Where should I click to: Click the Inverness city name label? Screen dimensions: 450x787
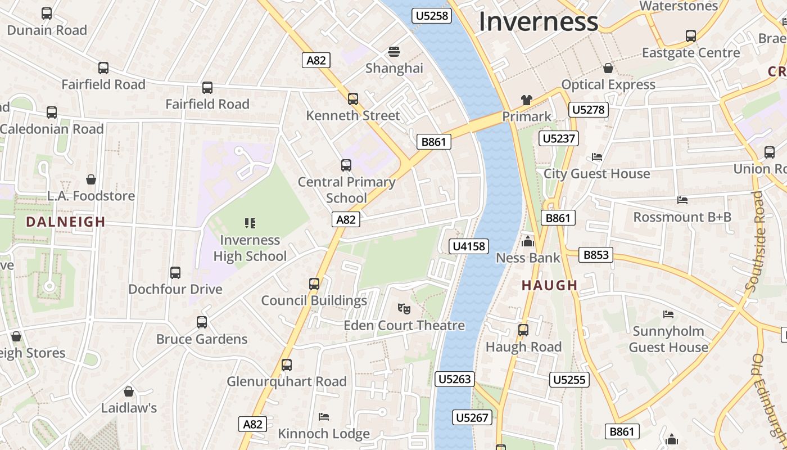[x=538, y=22]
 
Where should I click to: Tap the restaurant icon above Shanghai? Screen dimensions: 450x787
[x=394, y=52]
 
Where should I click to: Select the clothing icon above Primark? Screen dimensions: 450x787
[x=526, y=100]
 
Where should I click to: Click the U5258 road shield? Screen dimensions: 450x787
[x=432, y=16]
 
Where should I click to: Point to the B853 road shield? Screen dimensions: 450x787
[x=596, y=255]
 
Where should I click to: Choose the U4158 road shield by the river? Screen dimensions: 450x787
[x=469, y=246]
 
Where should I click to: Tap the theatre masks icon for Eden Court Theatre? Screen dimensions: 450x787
[x=404, y=308]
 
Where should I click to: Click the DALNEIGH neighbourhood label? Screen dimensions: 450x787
[x=66, y=222]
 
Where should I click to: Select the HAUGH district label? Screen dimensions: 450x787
[x=550, y=285]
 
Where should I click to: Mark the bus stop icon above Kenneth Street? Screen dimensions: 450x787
[x=352, y=99]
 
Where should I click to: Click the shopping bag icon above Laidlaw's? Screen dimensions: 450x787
[x=129, y=391]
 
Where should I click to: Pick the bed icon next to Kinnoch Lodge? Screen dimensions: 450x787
[x=324, y=416]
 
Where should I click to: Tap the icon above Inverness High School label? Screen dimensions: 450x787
[x=250, y=223]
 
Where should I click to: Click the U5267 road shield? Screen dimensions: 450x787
[x=472, y=417]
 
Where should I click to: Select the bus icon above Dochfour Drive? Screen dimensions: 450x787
[x=175, y=273]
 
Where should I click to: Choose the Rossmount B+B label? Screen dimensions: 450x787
[x=682, y=217]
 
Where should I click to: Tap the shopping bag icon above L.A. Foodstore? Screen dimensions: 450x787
[x=91, y=179]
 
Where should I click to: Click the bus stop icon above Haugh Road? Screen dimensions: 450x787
[x=523, y=330]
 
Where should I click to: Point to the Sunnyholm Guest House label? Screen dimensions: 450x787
[x=668, y=339]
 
